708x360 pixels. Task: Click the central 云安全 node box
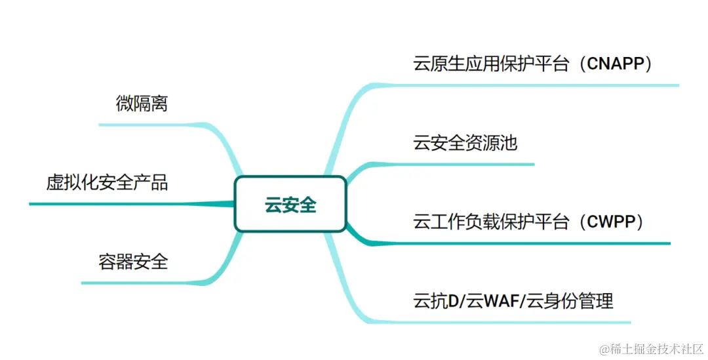tap(290, 205)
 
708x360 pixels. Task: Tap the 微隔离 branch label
tap(142, 104)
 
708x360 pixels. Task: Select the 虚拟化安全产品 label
tap(107, 182)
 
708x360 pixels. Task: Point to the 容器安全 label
tap(133, 262)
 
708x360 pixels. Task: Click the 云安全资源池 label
tap(465, 143)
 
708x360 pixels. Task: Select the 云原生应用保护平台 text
tap(491, 64)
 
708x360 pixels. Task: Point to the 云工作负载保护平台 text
tap(491, 222)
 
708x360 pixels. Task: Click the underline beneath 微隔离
tap(151, 124)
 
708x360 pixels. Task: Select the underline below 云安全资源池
tap(472, 164)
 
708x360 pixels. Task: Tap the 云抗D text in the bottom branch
tap(436, 302)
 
